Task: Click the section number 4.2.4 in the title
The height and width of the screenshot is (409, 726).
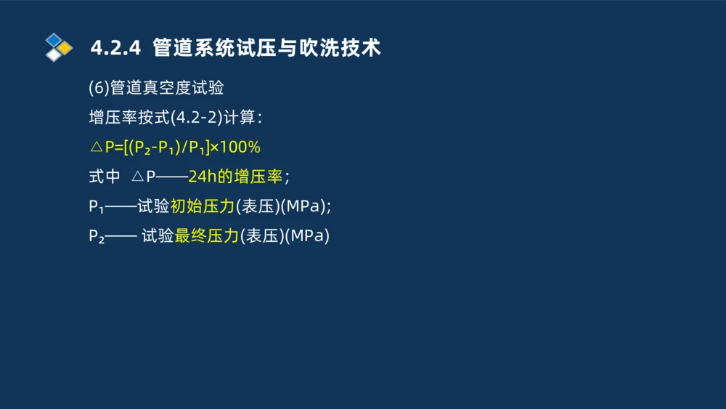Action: [115, 48]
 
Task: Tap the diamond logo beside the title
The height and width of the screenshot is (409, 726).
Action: [58, 47]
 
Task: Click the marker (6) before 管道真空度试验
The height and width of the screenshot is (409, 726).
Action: [99, 88]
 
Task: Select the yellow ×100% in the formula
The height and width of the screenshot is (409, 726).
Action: [235, 147]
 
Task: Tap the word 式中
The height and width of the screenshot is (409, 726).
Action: [104, 177]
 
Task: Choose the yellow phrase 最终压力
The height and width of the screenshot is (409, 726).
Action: [207, 236]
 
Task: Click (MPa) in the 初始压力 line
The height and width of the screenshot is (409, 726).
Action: [304, 206]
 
